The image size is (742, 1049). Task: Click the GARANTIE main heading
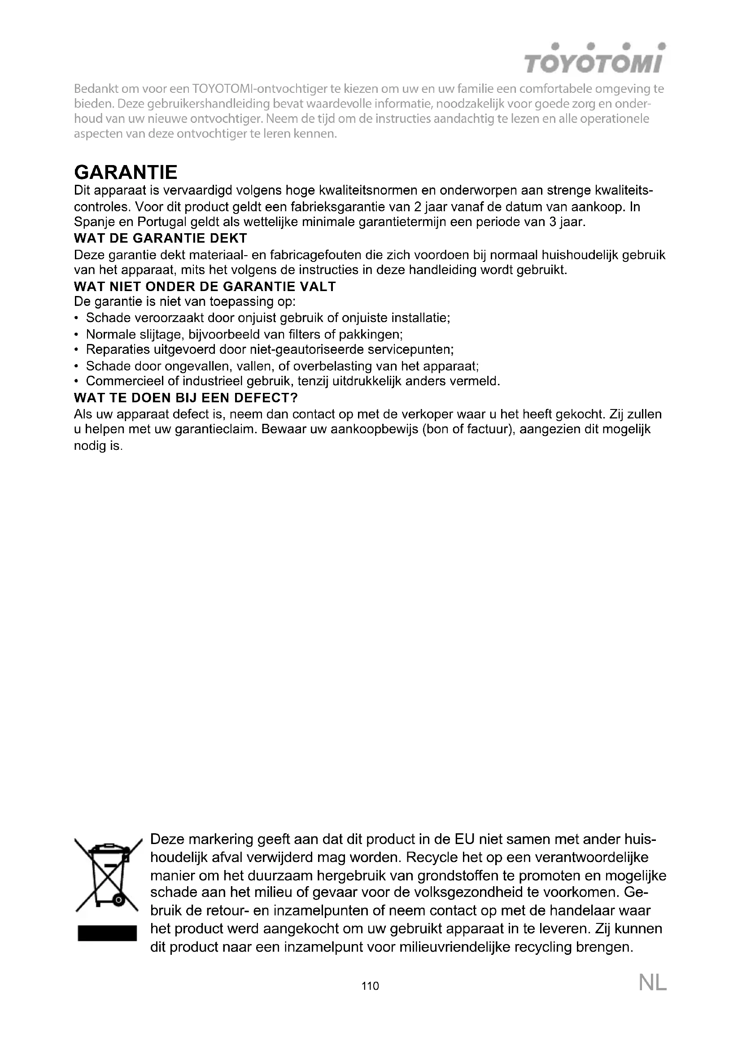pos(126,172)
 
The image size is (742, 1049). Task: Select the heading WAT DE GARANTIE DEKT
pos(160,238)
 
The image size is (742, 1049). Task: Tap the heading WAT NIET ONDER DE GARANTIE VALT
pos(205,287)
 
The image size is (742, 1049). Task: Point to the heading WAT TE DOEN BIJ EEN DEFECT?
pos(186,397)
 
